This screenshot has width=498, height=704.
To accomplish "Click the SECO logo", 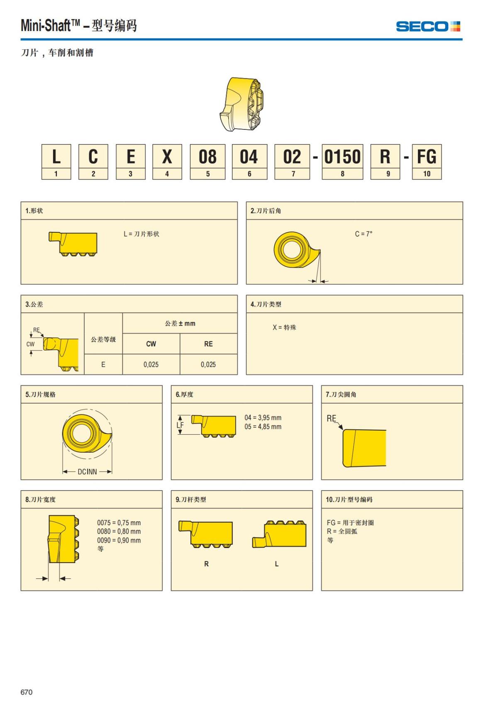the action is (428, 27).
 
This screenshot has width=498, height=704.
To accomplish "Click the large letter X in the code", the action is (167, 156).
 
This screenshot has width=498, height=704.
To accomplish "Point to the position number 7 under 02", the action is (293, 174).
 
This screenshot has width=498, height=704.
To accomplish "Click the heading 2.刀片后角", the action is (266, 211).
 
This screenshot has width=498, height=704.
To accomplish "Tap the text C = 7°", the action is (364, 234).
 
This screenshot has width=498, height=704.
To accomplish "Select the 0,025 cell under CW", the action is (151, 365).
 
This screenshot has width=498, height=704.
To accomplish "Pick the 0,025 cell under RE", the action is (208, 365).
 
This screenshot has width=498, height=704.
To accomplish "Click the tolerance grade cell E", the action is (103, 365).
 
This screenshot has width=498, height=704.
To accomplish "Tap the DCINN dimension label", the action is (87, 472).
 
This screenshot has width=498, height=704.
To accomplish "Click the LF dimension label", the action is (180, 425).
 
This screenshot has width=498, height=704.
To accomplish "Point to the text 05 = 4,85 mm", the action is (263, 427).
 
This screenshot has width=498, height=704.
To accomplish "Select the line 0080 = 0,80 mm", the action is (119, 531).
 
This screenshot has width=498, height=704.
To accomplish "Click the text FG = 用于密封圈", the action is (350, 523).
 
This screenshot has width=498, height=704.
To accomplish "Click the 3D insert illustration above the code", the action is (241, 104).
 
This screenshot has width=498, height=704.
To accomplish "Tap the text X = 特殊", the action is (284, 327).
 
